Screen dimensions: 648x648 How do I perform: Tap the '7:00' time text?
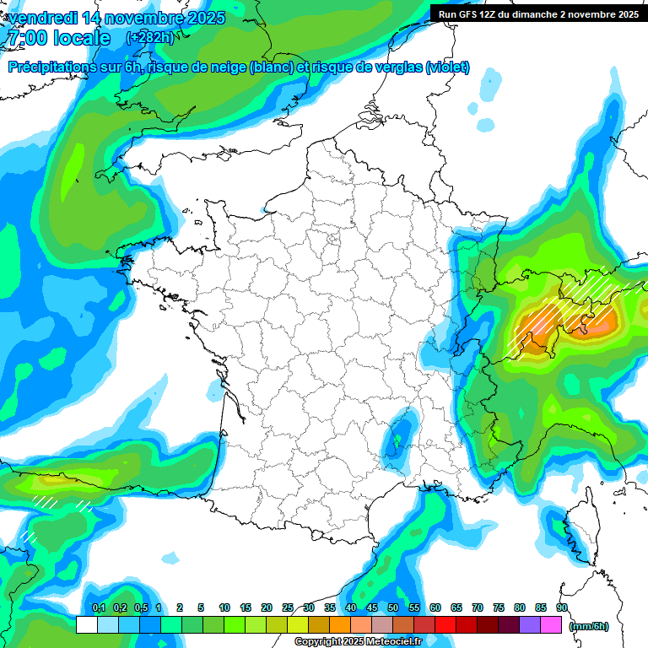point(26,38)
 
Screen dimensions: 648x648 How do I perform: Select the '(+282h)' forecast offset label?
point(149,38)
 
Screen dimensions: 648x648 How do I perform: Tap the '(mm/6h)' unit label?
point(589,626)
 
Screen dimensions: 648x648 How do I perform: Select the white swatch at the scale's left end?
point(86,624)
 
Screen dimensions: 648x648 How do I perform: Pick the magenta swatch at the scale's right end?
point(551,624)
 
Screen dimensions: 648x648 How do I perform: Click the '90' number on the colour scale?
point(561,607)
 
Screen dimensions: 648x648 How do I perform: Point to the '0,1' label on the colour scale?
point(99,607)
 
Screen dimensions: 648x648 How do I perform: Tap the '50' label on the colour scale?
point(393,607)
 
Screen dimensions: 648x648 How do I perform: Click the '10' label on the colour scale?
point(224,607)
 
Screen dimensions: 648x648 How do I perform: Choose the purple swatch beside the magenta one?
point(530,624)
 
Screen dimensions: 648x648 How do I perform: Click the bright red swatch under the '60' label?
point(445,624)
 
